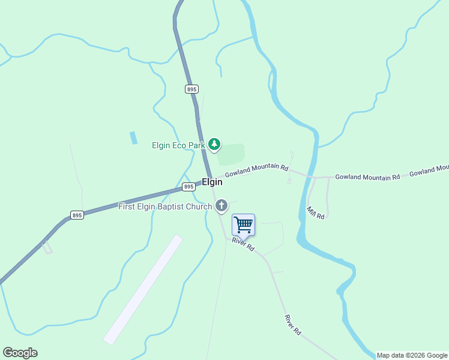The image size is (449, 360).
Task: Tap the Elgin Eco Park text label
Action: (178, 145)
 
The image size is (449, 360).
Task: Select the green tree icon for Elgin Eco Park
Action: (214, 145)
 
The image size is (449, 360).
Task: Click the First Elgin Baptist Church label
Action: (165, 207)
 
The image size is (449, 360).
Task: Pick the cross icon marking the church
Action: (221, 206)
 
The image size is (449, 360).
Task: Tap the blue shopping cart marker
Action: (243, 225)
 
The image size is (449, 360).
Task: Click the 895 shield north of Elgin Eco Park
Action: (191, 89)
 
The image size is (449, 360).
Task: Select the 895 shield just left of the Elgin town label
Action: (188, 187)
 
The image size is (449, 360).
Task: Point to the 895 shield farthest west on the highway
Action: (76, 215)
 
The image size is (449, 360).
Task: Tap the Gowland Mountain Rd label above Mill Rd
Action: (367, 177)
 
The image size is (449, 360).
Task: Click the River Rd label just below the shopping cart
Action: (244, 244)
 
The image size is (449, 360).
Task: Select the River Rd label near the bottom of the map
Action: (292, 325)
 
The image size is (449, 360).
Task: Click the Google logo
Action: (20, 353)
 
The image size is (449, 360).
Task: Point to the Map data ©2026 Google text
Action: (412, 355)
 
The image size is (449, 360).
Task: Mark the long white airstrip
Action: (143, 289)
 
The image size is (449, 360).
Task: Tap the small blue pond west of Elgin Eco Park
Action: (133, 137)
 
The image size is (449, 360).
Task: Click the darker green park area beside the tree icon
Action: (232, 154)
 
